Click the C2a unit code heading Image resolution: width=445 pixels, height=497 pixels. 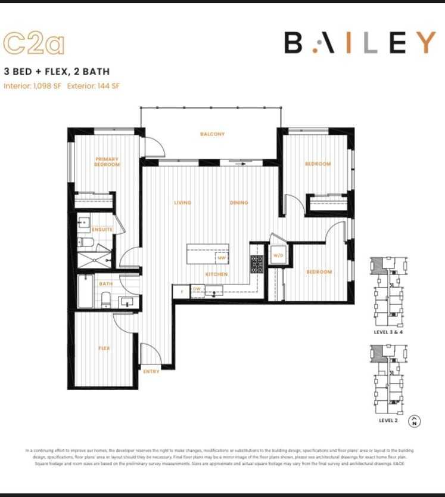33,43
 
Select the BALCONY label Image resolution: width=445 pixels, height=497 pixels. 212,134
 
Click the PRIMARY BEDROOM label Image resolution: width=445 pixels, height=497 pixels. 107,162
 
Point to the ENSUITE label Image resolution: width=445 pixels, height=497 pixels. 102,229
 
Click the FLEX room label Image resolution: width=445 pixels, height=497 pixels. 104,348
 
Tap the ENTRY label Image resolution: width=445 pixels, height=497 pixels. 151,372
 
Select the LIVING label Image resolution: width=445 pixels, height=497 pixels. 182,203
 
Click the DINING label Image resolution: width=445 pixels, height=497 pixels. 239,203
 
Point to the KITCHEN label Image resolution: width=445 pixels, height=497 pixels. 216,274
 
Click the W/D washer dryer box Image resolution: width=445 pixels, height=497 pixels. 278,255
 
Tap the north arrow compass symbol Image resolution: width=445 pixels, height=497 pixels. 415,421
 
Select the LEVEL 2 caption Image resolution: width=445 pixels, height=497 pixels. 388,421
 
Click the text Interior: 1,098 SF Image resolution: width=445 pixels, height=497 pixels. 33,86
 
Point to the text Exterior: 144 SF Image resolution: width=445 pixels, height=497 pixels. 94,86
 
